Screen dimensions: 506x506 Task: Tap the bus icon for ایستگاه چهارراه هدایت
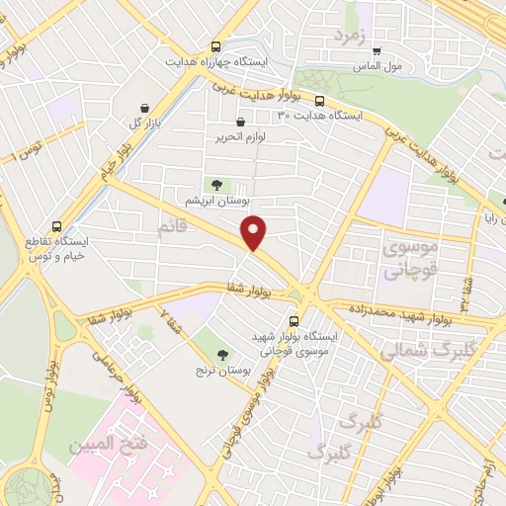215,46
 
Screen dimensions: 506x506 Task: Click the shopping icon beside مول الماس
376,50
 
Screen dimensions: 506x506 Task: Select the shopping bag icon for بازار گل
145,109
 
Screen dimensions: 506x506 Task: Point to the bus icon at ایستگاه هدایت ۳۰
319,100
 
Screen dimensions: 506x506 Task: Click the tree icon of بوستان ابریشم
215,185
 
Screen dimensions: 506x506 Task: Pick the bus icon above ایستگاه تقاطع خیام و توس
56,225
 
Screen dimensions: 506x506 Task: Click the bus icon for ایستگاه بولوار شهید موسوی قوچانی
293,321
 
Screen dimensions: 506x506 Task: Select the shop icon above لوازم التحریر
228,122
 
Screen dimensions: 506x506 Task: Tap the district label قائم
171,229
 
